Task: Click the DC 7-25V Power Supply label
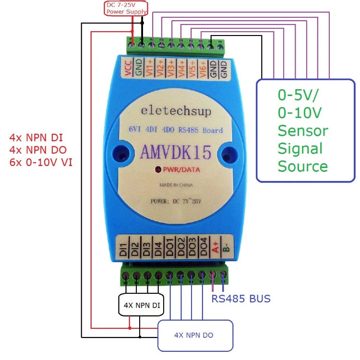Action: tap(126, 8)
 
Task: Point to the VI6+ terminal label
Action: tap(203, 69)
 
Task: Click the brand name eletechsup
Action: tap(176, 111)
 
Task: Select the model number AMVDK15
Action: tap(176, 152)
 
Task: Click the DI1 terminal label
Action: tap(124, 248)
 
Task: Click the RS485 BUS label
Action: tap(241, 299)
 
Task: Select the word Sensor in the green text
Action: tap(303, 131)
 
